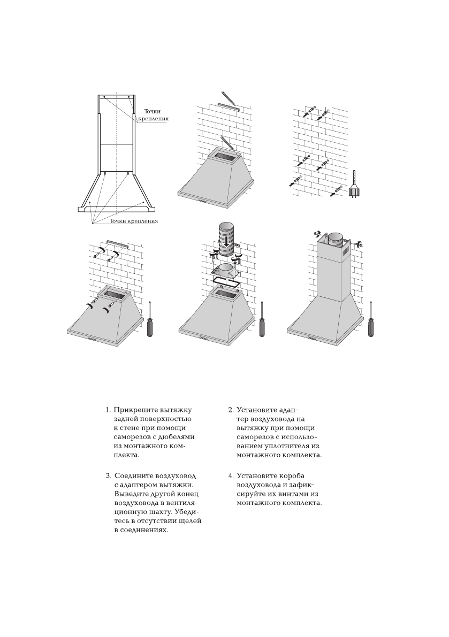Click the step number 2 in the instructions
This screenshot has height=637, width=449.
pyautogui.click(x=230, y=410)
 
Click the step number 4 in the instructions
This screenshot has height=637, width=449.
pyautogui.click(x=231, y=475)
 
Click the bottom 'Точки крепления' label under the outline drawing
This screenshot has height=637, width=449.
pyautogui.click(x=134, y=220)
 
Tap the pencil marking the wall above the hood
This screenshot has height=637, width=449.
pyautogui.click(x=227, y=98)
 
